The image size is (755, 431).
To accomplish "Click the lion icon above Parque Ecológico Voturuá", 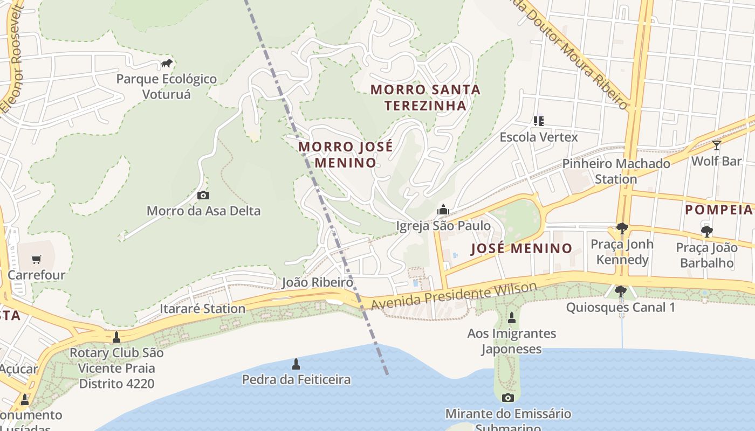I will coord(167,64).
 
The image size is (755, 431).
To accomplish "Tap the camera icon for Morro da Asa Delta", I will coord(203,196).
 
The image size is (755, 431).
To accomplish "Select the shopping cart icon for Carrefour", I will coord(36,260).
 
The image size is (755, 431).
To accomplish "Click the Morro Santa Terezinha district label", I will coord(425,97).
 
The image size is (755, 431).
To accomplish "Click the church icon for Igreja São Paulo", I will coord(443,210).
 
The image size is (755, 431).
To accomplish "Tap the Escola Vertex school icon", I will coord(538,121).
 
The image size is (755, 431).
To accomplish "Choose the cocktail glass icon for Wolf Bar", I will coord(716,145).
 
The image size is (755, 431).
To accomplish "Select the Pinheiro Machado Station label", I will coord(616,171).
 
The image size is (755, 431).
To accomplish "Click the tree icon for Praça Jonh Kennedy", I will coord(622,228).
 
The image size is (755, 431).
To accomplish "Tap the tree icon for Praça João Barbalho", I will coord(706,232).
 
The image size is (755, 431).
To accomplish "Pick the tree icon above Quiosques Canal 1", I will coord(621,291).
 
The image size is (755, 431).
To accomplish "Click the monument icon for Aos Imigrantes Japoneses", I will coord(512,318).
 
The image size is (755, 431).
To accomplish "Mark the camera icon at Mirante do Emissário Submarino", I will coord(507,398).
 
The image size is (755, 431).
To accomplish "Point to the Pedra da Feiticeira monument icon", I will coord(296,364).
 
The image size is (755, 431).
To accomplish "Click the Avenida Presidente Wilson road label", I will coord(454,296).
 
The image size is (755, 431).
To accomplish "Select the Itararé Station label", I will coord(203,309).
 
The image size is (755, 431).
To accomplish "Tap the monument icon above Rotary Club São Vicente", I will coord(116,337).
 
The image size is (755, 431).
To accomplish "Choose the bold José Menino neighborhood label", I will coord(521,248).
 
